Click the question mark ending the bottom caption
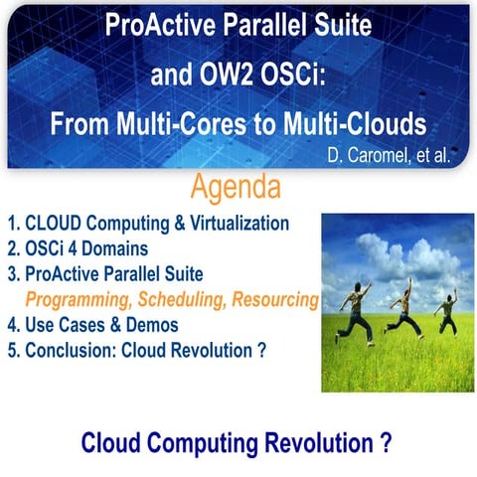tap(385, 442)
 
